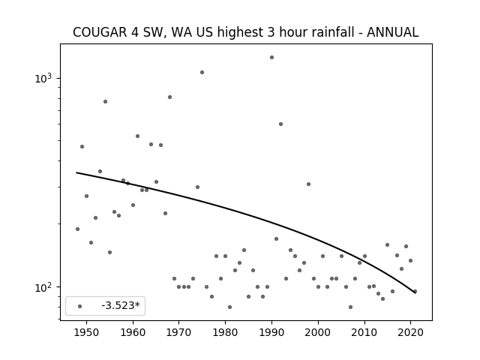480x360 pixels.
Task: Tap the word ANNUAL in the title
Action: tap(392, 32)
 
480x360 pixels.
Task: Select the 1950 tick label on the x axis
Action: tap(87, 332)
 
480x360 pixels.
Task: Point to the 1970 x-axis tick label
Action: tap(179, 332)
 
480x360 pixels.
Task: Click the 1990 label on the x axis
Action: tap(271, 332)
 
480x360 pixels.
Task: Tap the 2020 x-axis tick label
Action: tap(410, 332)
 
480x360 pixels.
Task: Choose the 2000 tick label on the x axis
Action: tap(318, 332)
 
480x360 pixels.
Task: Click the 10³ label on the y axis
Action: tap(43, 78)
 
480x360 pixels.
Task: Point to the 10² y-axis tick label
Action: tap(43, 287)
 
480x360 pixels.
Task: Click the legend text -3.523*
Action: tap(121, 305)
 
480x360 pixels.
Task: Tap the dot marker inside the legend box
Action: tap(80, 306)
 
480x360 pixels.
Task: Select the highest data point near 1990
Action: tap(271, 57)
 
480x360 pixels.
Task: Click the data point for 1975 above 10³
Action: tap(202, 72)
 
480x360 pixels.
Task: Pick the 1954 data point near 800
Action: tap(105, 102)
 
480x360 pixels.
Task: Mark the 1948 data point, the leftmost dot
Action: tap(77, 229)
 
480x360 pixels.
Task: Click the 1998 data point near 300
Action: tap(308, 184)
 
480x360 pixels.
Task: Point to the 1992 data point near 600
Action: tap(280, 124)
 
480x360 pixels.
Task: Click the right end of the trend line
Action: tap(415, 293)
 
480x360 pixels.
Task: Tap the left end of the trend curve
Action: tap(76, 172)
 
